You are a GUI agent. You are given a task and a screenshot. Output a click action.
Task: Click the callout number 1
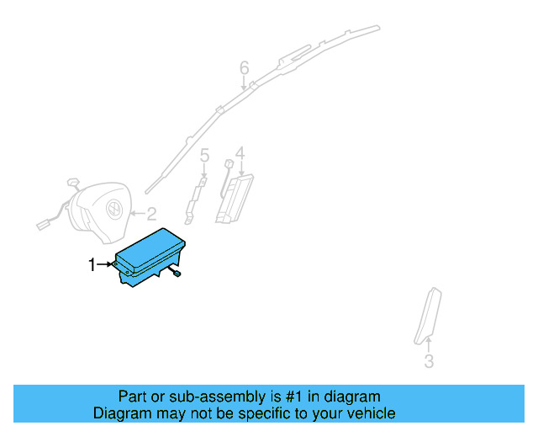click(92, 265)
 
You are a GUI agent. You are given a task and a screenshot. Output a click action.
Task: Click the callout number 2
click(151, 213)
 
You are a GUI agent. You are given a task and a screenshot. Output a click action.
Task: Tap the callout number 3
click(429, 362)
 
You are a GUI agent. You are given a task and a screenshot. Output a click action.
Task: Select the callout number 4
click(240, 152)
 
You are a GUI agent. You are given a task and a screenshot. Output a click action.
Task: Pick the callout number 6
click(245, 67)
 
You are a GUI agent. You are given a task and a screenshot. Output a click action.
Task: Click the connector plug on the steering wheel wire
click(43, 224)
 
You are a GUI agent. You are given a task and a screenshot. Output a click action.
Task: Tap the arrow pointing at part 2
click(137, 214)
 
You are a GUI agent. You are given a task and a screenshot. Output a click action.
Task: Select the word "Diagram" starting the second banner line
click(122, 413)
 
